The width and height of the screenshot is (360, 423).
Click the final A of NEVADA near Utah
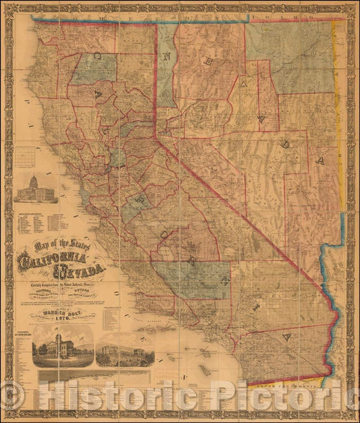322,161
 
